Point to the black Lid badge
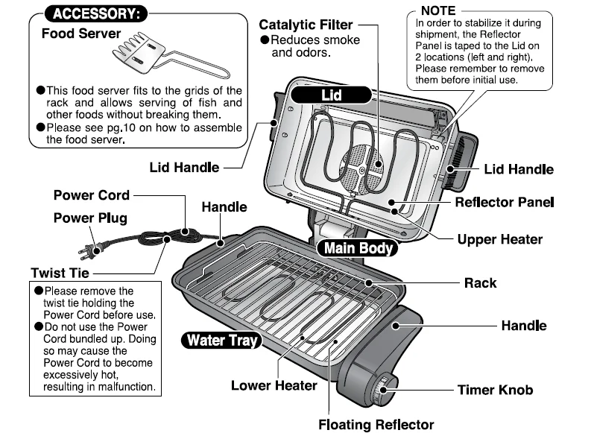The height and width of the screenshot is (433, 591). (x=331, y=95)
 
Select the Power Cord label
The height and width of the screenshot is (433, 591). (x=91, y=195)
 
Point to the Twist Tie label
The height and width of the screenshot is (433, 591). (x=60, y=273)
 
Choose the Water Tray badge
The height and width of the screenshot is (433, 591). (x=221, y=341)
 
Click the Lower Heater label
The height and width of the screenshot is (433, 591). (x=274, y=385)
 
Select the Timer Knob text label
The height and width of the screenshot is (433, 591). (x=495, y=389)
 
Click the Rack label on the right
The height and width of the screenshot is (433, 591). (x=479, y=283)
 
